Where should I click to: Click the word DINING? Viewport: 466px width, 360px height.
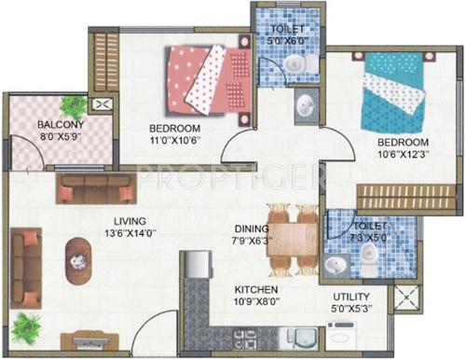point(252,228)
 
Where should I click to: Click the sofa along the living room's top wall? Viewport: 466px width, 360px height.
point(93,188)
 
